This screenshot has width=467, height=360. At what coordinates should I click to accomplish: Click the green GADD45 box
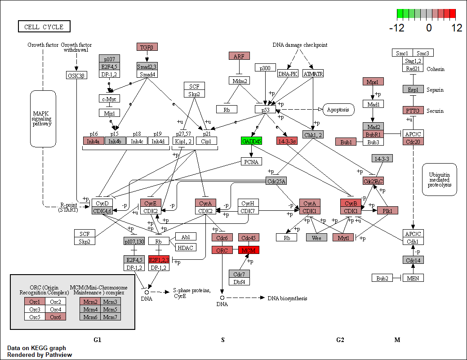251,141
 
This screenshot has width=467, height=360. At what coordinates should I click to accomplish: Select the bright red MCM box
249,250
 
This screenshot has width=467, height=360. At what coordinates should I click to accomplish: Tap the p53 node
265,109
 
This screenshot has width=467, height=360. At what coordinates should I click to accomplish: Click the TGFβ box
147,47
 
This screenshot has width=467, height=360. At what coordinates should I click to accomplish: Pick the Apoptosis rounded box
338,109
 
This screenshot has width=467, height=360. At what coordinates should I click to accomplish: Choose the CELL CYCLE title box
44,27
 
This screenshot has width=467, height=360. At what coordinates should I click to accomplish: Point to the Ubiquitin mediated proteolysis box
439,179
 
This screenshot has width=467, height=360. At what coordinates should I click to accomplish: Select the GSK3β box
76,75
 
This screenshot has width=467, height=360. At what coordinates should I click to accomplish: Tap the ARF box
239,56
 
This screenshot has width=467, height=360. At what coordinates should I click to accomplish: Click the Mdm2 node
239,81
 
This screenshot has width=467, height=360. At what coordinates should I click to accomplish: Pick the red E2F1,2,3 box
159,260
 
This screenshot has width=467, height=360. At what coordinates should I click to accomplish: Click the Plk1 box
387,210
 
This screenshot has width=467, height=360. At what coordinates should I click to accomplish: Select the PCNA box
251,161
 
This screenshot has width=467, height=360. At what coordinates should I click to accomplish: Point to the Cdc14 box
413,260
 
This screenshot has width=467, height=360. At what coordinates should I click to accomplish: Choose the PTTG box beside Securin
413,110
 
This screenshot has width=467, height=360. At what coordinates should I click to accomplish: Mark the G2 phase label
340,340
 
